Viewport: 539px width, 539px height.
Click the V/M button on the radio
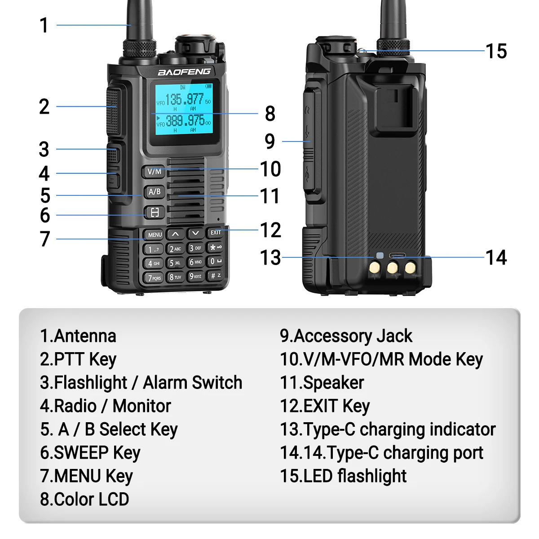point(154,171)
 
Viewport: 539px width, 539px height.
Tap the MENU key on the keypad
point(155,234)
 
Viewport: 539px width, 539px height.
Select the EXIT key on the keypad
point(216,232)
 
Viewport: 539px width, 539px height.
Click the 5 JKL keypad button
point(175,263)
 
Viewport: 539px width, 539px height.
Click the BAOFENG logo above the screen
point(184,72)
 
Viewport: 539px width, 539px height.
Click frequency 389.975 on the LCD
point(185,120)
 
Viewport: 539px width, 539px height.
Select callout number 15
point(496,52)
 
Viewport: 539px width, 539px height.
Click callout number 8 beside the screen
point(270,114)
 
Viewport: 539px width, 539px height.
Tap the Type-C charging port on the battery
point(397,256)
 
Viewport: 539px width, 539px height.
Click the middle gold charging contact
point(392,268)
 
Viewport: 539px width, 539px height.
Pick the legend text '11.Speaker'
point(322,383)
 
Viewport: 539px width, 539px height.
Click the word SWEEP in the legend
point(81,453)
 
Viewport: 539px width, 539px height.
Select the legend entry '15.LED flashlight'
point(343,476)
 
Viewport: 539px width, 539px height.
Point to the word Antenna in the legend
point(85,336)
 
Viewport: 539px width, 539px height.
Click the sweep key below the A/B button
point(155,212)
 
